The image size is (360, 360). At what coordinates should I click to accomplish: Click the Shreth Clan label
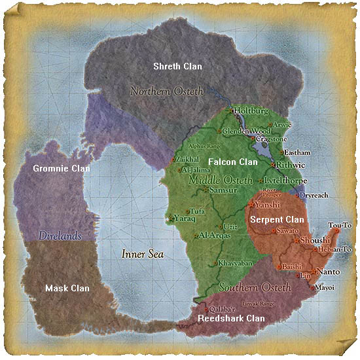coord(177,67)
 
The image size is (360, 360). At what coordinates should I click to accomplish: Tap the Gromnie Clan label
coord(62,168)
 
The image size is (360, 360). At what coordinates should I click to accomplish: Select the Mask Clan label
coord(67,288)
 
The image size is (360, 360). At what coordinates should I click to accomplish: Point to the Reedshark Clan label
coord(232,318)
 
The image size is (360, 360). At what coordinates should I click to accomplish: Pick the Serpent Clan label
coord(278,220)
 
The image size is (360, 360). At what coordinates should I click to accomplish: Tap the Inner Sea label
coord(143,254)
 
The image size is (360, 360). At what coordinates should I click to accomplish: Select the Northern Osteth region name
coord(167,91)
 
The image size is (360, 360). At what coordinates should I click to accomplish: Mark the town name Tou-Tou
coord(340,225)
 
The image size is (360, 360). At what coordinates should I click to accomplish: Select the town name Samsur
coord(221,190)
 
